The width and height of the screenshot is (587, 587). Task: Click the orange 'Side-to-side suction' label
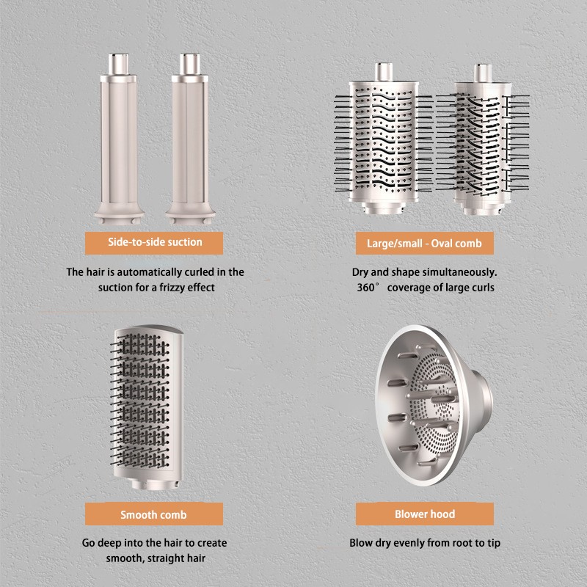point(154,243)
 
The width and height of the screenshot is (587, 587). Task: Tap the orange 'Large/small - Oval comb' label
point(425,244)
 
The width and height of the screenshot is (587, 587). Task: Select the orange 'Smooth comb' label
point(154,514)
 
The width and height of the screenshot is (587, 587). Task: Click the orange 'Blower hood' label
point(425,514)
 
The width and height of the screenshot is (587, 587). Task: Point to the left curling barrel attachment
point(119,139)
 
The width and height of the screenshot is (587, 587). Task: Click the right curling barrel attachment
point(190,139)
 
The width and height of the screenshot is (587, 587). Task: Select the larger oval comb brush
point(383,139)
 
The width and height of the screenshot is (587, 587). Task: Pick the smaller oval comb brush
point(483,139)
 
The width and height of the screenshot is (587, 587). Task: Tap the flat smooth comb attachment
point(147,407)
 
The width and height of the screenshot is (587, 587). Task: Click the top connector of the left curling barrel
point(119,64)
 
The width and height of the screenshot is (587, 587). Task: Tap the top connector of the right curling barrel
point(190,64)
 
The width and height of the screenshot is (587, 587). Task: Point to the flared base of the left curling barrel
point(119,214)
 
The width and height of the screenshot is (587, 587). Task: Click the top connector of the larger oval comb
point(384,72)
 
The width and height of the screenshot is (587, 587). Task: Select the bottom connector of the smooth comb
point(155,484)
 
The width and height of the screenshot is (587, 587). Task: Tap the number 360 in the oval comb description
point(365,288)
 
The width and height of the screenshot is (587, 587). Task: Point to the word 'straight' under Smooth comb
point(163,558)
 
